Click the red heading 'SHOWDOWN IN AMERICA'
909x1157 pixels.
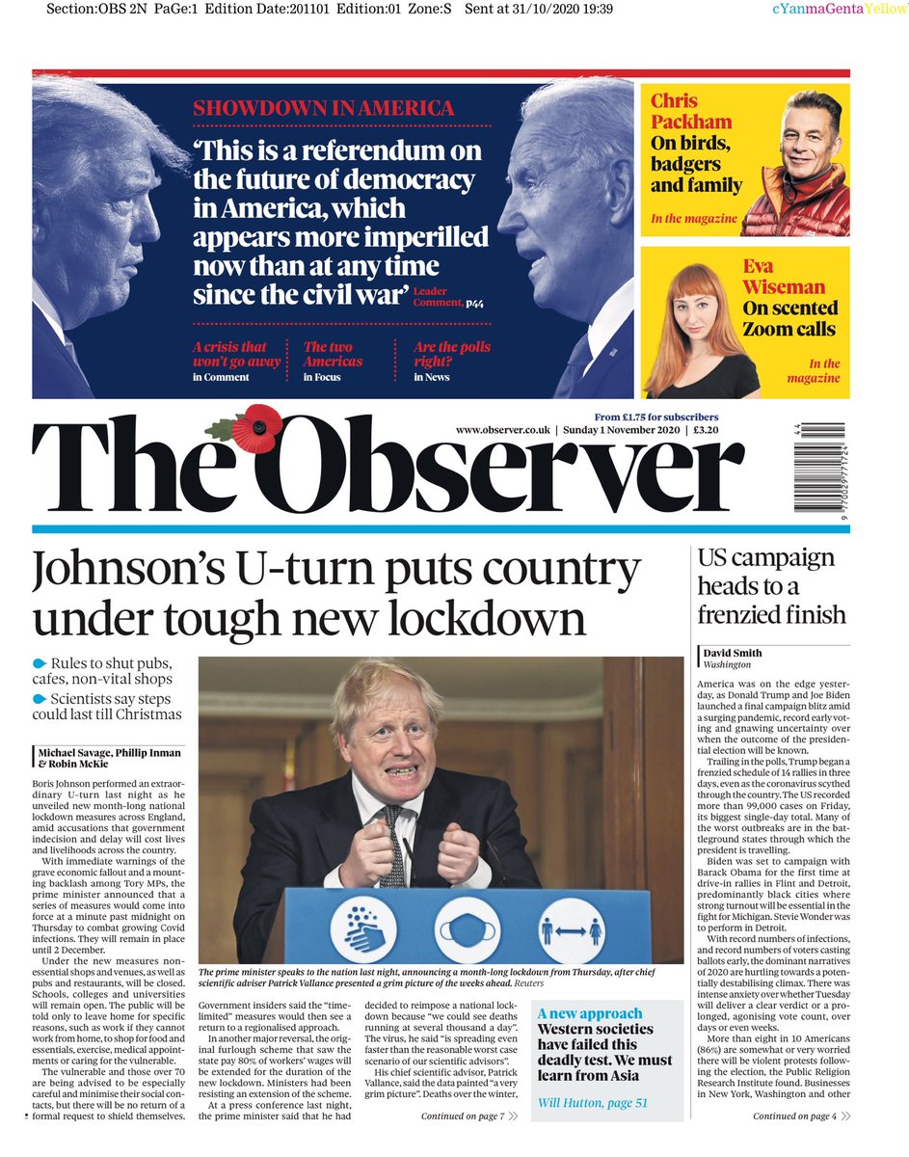(x=323, y=108)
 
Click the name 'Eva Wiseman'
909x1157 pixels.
(x=784, y=276)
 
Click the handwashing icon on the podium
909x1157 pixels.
(x=365, y=929)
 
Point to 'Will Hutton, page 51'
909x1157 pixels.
(x=593, y=1103)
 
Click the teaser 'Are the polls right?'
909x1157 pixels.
(x=452, y=354)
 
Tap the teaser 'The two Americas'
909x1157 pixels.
(x=334, y=354)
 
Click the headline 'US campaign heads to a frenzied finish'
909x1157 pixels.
(x=771, y=586)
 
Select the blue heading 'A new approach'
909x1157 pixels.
(x=590, y=1013)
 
